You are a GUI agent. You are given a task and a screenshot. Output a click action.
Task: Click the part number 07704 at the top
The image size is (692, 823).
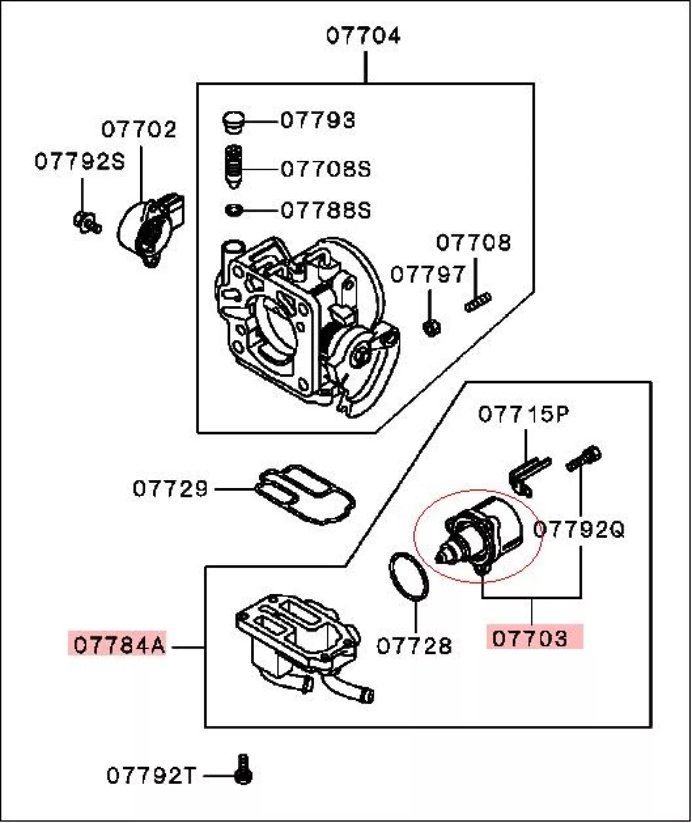[x=363, y=36]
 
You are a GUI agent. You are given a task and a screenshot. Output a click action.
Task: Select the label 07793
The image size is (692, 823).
[x=318, y=120]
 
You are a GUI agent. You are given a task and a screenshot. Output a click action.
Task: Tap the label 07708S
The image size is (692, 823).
[x=326, y=169]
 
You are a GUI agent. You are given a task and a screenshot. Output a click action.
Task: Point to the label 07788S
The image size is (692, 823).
[x=326, y=210]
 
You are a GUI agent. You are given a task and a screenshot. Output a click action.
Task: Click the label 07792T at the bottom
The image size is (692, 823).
[x=151, y=775]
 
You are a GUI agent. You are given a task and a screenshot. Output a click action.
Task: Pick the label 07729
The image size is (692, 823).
[x=170, y=489]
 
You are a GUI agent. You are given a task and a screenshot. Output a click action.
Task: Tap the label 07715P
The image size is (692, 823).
[x=523, y=414]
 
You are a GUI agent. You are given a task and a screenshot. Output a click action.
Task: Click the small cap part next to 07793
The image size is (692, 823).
[x=231, y=122]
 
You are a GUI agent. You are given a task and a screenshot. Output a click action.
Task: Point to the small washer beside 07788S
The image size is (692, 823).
[x=233, y=211]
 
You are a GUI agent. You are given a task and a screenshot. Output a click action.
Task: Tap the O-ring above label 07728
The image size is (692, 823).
[x=408, y=576]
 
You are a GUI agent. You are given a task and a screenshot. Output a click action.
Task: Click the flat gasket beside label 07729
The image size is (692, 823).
[x=305, y=492]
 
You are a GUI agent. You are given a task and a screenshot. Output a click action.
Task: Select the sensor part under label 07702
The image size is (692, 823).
[x=150, y=229]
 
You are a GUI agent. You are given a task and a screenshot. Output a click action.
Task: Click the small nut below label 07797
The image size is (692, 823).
[x=431, y=328]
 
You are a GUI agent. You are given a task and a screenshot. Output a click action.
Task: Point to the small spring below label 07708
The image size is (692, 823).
[x=478, y=302]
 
